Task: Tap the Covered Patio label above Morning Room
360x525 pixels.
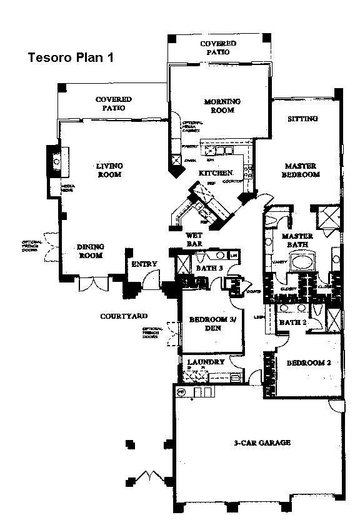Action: pos(218,48)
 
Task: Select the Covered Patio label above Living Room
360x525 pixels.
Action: pos(114,104)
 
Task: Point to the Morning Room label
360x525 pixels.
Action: pos(222,106)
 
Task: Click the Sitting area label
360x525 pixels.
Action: pos(302,119)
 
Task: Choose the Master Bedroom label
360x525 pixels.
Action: pos(302,171)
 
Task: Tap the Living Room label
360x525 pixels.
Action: pos(109,170)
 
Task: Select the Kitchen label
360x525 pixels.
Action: pos(216,172)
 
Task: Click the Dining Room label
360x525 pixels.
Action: pos(91,251)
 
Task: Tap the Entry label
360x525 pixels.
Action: pos(144,264)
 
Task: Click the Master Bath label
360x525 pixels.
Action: pos(297,241)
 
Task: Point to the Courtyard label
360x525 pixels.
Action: pos(124,316)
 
